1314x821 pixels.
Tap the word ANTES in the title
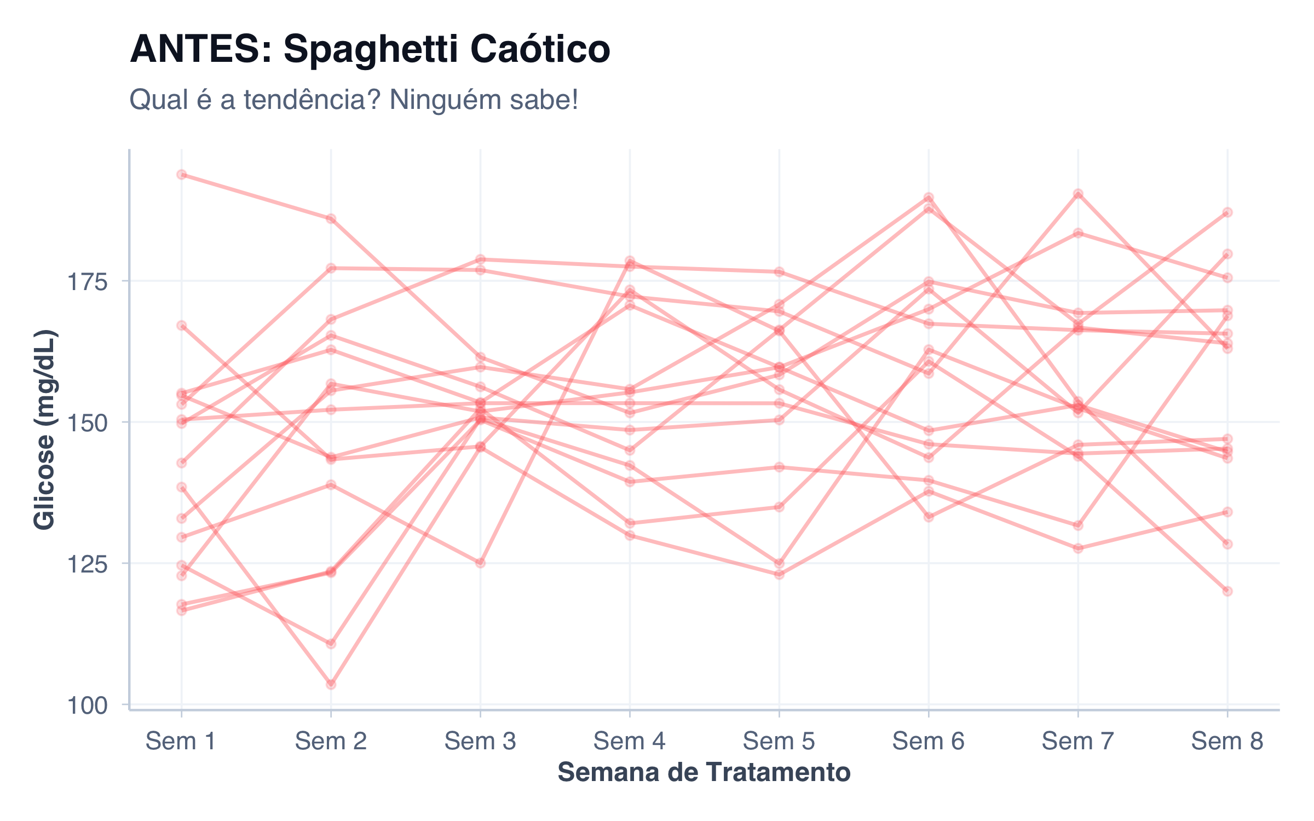point(200,49)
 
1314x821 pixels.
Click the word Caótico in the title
point(540,49)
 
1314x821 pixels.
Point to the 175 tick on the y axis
point(87,282)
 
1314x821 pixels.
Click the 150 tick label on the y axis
point(87,423)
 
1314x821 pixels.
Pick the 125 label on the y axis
point(87,564)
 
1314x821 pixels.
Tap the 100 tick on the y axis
point(87,706)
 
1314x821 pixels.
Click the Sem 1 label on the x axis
point(181,742)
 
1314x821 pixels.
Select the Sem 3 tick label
point(480,742)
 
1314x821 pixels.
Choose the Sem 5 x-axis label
point(779,742)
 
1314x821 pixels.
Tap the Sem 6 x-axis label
point(928,742)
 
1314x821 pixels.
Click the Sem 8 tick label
point(1227,742)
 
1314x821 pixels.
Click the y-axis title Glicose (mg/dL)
point(45,430)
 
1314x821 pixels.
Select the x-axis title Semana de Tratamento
point(704,773)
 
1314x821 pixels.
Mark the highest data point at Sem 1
point(182,175)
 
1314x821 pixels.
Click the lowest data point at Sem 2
point(331,684)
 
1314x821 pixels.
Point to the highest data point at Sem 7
point(1078,194)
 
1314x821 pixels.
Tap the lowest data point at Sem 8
point(1227,591)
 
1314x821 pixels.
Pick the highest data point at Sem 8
point(1227,212)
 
